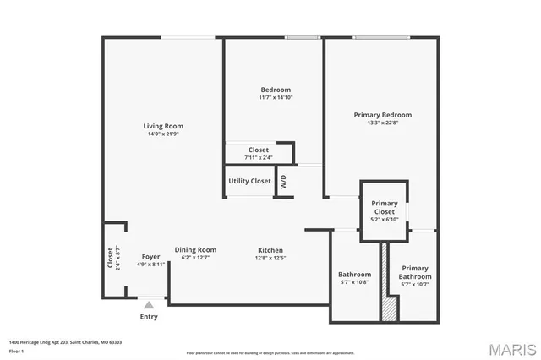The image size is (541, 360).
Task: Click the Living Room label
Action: tap(163, 126)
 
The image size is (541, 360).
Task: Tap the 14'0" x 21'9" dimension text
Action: tap(163, 134)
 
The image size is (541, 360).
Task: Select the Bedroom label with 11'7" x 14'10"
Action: tap(276, 90)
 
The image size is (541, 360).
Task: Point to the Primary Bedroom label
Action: tap(383, 114)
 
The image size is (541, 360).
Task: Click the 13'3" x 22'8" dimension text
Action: tap(383, 123)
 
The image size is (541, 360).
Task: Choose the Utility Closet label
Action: tap(249, 181)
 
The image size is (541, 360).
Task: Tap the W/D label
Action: tap(284, 181)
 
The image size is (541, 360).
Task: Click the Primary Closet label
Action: tap(385, 207)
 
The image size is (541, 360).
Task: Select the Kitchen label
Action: tap(270, 250)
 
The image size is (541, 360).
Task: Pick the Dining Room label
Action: tap(195, 249)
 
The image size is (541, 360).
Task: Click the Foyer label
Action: tap(150, 256)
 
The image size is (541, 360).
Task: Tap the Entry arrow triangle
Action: tap(149, 304)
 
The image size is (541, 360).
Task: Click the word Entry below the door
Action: tap(149, 317)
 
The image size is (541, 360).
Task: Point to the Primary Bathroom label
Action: tap(415, 272)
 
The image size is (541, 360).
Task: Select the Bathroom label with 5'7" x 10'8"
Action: tap(354, 275)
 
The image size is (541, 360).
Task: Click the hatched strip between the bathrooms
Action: tap(387, 283)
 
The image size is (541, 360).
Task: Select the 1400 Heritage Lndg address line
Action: tap(66, 341)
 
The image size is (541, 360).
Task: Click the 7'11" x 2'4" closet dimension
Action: tap(259, 157)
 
